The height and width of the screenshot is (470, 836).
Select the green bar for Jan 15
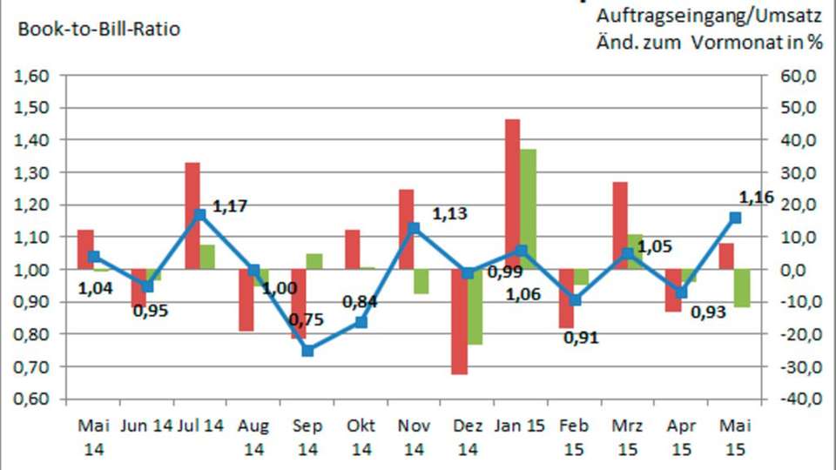(x=527, y=209)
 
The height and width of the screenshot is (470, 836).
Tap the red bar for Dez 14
(x=459, y=321)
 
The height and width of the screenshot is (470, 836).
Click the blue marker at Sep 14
(x=307, y=351)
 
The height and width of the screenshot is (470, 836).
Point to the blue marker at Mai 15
(x=735, y=218)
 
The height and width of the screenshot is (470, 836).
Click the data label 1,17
(x=230, y=206)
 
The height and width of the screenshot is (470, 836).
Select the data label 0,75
(x=307, y=319)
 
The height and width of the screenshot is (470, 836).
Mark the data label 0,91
(x=581, y=338)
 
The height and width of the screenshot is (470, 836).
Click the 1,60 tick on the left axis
(x=32, y=76)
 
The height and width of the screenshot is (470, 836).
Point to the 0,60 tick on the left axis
(x=32, y=399)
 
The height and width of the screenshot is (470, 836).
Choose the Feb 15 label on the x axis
(x=574, y=437)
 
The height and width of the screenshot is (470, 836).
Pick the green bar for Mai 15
(x=742, y=288)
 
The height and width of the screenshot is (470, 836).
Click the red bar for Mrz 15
(x=620, y=225)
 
